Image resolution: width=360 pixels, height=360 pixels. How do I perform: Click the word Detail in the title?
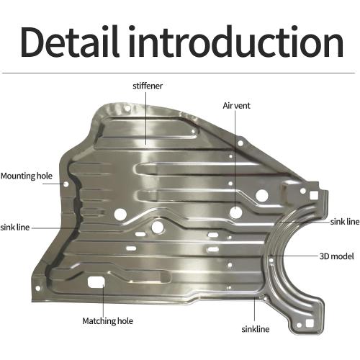pos(70,41)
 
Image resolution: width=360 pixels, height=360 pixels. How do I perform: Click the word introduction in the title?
pos(236,41)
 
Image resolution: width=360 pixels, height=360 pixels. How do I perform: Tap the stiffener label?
pos(148,86)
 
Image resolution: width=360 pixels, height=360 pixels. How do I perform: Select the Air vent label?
pos(236,106)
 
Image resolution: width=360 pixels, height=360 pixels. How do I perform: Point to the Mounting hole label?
pos(27,176)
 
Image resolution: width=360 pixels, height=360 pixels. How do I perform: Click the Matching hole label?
pos(107,321)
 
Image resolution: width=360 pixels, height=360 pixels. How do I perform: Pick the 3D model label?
pos(336,256)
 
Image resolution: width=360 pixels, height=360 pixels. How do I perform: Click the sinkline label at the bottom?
pos(256,329)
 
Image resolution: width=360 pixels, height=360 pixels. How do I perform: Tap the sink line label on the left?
pos(15,228)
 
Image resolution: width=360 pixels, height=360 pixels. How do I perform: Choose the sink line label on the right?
pos(345,222)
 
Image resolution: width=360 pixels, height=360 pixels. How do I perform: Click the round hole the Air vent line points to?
pos(235,212)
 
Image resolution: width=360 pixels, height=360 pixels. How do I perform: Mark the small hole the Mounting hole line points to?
pos(66,184)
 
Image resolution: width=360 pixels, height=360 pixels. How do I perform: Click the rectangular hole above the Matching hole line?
pos(96,282)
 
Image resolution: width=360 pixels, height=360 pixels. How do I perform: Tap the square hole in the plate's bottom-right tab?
pos(309,324)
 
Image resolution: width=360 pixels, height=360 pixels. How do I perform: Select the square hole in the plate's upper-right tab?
pos(314,195)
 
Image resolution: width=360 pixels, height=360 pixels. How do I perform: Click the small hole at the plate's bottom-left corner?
pos(37,288)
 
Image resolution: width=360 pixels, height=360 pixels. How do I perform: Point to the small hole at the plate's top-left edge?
pos(127,109)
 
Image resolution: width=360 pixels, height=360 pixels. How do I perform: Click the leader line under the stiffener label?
pos(146,117)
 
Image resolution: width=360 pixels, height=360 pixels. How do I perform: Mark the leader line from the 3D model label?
pos(294,256)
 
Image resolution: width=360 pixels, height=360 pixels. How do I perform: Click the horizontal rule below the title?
pos(178,73)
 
